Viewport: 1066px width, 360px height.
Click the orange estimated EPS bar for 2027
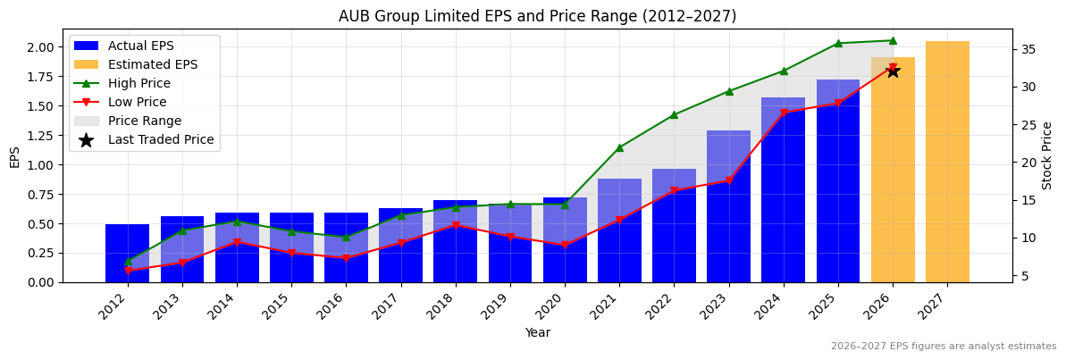coord(947,162)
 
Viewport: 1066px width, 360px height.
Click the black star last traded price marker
coord(893,71)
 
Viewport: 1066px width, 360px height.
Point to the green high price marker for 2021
coord(619,147)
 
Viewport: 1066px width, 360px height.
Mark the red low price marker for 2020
coord(565,245)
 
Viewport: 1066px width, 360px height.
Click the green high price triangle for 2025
coord(838,43)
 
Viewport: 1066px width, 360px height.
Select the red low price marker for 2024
coord(784,113)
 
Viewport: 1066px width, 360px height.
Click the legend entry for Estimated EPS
coord(152,64)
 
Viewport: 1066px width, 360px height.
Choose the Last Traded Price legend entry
coord(161,139)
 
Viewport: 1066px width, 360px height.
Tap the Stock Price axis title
coord(1047,155)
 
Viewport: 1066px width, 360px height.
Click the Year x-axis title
coord(537,333)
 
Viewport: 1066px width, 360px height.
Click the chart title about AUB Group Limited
coord(537,16)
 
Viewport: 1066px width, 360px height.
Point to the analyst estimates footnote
coord(943,347)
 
